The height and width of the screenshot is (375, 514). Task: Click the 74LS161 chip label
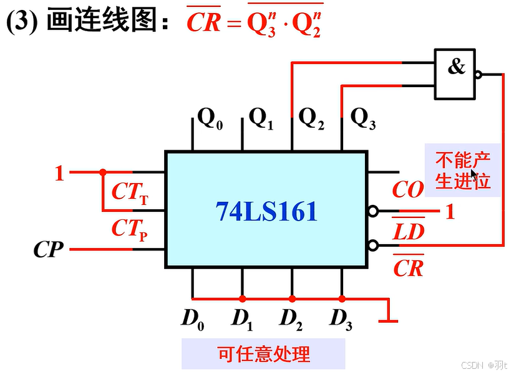pos(266,212)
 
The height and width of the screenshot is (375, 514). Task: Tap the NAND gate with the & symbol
pos(455,74)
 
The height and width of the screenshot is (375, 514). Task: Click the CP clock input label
pos(48,250)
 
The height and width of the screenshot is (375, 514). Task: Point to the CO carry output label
pos(408,190)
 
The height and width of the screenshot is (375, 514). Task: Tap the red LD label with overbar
pos(409,232)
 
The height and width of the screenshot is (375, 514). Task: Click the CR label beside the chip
pos(409,267)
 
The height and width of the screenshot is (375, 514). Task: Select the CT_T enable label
pos(130,192)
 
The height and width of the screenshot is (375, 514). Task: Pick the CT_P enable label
pos(130,229)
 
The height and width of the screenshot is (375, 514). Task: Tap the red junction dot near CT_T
pos(103,172)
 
